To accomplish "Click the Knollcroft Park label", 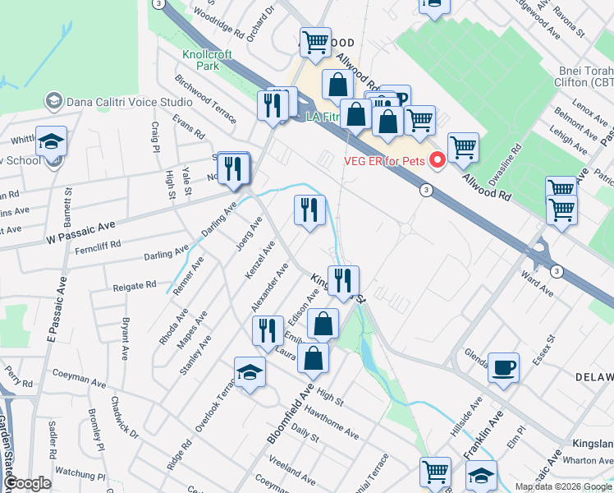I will point(207,60).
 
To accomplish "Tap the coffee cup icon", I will point(503,366).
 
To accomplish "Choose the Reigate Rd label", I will point(135,285).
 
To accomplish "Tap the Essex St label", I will point(543,349).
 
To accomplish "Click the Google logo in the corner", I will point(27,483).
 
